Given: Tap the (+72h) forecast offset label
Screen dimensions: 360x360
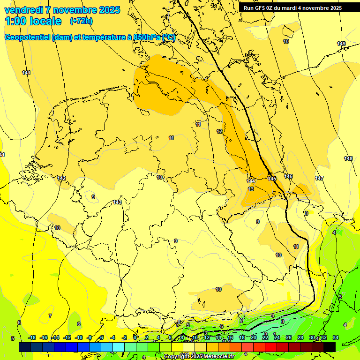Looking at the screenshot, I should (81, 21).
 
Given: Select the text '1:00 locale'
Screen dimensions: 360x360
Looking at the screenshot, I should (33, 21).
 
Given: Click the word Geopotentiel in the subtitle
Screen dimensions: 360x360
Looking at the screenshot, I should (27, 37).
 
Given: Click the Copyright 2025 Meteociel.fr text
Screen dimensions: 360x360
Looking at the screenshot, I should (199, 357).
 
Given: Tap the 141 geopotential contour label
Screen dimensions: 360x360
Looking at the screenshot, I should (26, 73).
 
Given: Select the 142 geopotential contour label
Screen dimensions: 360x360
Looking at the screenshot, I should (61, 178).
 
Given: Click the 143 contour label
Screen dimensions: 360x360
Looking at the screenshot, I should (117, 202).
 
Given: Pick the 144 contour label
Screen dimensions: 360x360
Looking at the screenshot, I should (251, 180).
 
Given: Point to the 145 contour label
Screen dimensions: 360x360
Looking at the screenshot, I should (272, 179).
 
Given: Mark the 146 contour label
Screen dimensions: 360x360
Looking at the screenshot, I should (288, 176).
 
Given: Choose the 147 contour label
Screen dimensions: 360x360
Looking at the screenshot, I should (319, 178).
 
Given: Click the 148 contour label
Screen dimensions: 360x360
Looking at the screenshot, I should (348, 158).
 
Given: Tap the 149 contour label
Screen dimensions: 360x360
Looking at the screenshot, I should (341, 44).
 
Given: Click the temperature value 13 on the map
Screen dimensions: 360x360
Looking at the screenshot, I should (251, 189).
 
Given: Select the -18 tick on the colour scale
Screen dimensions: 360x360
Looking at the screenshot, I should (32, 337).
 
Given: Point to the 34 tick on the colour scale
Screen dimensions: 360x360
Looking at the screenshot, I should (335, 337).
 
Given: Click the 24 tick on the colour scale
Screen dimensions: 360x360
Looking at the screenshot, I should (277, 337).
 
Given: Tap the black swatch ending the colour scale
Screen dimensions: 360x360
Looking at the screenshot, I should (330, 347).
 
